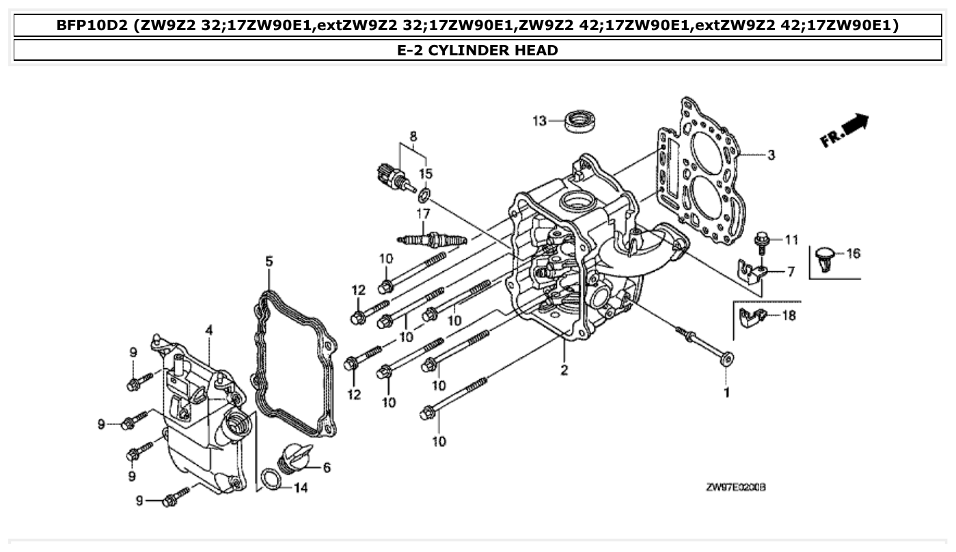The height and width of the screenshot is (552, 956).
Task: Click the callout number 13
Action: [x=539, y=121]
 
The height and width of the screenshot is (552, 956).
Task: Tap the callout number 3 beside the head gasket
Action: [x=771, y=155]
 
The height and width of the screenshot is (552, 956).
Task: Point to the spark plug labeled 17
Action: [x=432, y=239]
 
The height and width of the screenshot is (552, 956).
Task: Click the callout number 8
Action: [x=413, y=136]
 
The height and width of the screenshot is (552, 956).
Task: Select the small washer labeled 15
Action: [x=424, y=197]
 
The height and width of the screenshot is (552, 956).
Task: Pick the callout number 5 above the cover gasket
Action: [x=269, y=261]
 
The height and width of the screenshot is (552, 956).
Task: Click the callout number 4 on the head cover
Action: [x=208, y=330]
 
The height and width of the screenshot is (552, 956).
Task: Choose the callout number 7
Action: [x=791, y=272]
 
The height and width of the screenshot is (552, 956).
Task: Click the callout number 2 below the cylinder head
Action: [x=564, y=370]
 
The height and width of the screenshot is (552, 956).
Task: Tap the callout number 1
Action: [x=726, y=393]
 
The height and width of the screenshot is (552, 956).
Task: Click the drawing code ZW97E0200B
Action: [x=735, y=488]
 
